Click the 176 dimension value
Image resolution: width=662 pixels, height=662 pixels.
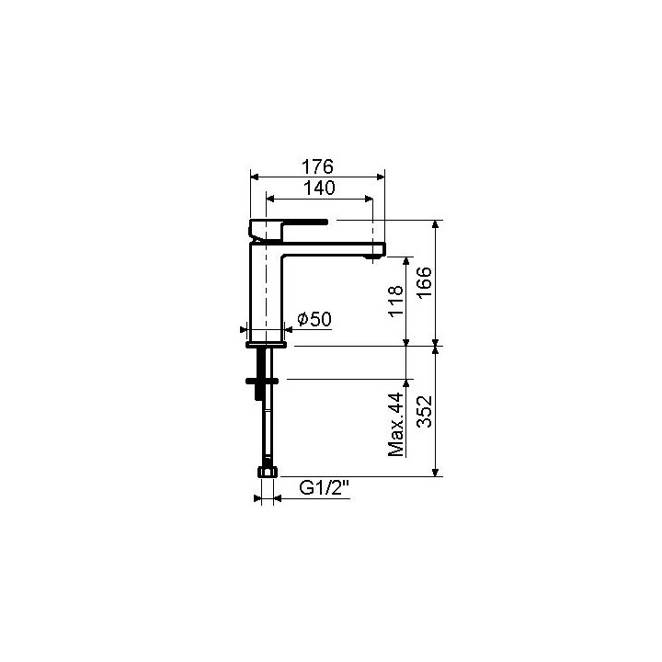tap(317, 166)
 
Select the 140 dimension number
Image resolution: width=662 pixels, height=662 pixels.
tap(317, 187)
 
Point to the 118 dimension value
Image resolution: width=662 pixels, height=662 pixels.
tap(396, 302)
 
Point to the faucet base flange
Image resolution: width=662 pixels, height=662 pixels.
tap(267, 345)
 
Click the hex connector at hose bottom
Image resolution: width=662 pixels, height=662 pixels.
tap(266, 473)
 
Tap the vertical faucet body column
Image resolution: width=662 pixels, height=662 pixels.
tap(266, 294)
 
